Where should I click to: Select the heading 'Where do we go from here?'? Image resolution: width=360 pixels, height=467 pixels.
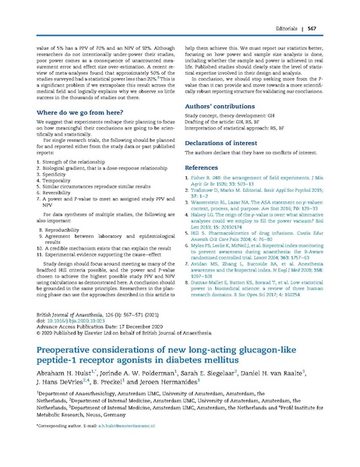tap(79, 112)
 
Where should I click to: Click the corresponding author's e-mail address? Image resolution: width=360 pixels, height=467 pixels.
tap(124, 451)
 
